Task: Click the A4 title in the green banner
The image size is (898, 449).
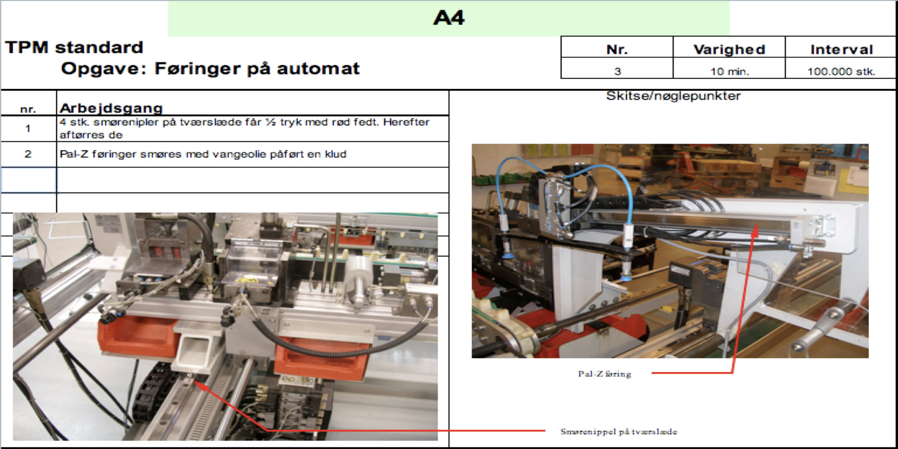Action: click(x=449, y=18)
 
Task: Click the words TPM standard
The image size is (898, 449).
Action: click(x=74, y=48)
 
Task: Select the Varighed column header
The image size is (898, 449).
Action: click(x=729, y=49)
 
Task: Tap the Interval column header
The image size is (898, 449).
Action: click(x=841, y=49)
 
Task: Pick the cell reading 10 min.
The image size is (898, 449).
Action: click(x=729, y=72)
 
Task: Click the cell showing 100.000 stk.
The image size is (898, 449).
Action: click(x=841, y=72)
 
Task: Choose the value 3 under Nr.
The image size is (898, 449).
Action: click(x=617, y=72)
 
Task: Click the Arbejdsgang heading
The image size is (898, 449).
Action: click(x=111, y=108)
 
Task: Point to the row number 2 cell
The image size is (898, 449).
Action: click(x=28, y=154)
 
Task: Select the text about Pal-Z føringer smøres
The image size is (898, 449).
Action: click(x=202, y=154)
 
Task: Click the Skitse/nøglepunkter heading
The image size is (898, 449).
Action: click(x=673, y=96)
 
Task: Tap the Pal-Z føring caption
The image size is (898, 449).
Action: click(x=604, y=374)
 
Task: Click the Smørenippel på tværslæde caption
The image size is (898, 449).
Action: click(x=618, y=431)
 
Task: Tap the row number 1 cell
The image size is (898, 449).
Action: click(x=28, y=128)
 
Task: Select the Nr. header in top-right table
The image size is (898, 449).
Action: click(x=617, y=49)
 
